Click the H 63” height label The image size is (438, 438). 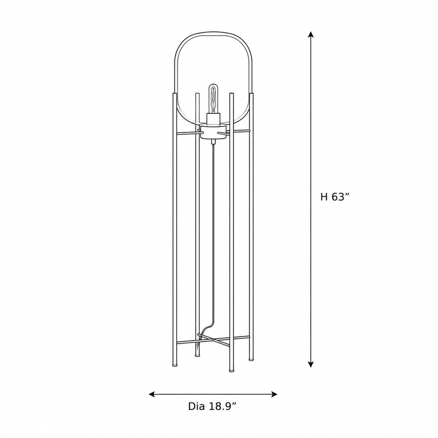334,197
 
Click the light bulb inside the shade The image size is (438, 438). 213,99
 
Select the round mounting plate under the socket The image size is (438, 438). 213,132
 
